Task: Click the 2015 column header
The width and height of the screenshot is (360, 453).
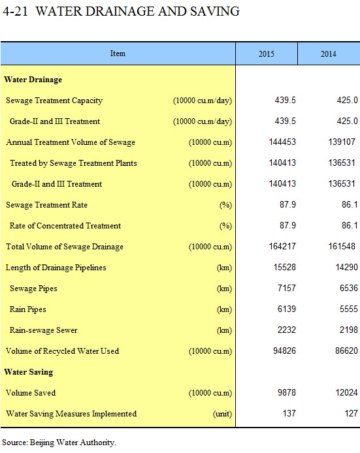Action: point(266,54)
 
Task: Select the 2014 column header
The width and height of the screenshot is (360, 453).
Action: point(328,54)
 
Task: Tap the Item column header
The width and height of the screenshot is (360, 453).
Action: point(118,54)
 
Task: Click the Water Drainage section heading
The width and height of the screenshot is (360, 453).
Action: point(33,80)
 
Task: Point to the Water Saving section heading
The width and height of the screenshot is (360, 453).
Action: point(29,372)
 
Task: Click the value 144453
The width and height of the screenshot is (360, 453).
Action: point(282,142)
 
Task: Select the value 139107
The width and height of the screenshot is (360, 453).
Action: point(342,142)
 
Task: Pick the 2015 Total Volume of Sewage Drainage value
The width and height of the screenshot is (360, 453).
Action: point(282,247)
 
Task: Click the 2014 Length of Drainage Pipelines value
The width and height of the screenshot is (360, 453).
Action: point(346,267)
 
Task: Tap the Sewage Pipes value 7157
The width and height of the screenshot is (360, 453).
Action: point(287,288)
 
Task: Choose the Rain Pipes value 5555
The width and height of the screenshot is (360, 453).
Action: point(348,309)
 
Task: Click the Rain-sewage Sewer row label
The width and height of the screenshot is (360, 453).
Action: point(43,330)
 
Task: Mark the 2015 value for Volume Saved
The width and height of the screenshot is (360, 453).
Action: point(287,392)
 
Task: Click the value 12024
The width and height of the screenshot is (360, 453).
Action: point(346,392)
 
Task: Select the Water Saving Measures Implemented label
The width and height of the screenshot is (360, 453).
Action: point(71,414)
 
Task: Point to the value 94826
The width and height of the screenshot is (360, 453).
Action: point(284,351)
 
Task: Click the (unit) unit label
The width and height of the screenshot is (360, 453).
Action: point(222,414)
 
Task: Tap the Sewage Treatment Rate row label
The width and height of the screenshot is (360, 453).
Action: point(46,205)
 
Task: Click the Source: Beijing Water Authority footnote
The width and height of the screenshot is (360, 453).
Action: point(59,443)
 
